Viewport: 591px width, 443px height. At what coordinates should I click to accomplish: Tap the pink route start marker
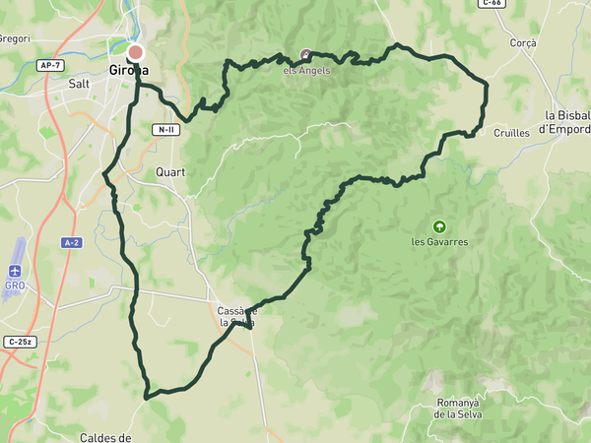135,52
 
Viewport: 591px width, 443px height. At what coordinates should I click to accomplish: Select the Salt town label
79,85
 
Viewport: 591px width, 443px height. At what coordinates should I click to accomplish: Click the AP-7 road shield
50,65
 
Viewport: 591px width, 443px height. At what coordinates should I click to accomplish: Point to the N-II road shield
165,130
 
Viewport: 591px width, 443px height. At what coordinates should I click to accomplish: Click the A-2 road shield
70,242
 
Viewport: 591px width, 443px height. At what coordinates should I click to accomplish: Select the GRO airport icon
15,272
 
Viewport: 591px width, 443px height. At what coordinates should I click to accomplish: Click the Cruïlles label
511,132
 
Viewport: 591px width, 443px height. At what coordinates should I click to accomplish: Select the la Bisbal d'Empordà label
565,121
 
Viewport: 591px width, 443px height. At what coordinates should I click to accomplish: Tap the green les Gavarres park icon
439,225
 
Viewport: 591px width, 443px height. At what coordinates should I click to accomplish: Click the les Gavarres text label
439,241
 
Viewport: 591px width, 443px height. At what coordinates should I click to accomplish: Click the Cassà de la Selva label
236,316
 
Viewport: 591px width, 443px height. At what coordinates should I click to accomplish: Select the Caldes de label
105,436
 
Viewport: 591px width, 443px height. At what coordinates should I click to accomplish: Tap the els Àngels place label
306,70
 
